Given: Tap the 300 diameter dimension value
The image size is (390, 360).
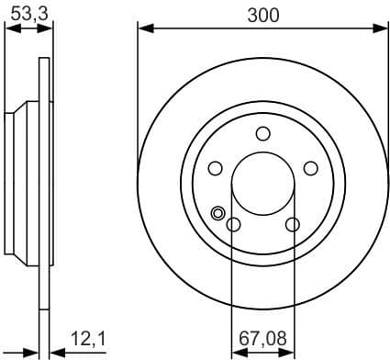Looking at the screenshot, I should click(x=262, y=14).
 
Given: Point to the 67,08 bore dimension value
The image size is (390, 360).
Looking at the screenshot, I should click(x=262, y=339).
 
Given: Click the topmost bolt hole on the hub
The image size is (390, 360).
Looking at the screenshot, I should click(x=263, y=133).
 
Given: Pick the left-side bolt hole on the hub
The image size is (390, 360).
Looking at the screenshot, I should click(x=216, y=168).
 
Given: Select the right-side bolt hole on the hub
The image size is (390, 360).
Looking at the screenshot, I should click(x=311, y=168).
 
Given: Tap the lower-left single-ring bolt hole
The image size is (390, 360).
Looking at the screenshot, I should click(x=234, y=225).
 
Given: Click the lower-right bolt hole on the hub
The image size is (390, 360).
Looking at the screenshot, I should click(x=293, y=225).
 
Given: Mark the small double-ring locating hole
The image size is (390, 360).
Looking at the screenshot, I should click(x=218, y=214).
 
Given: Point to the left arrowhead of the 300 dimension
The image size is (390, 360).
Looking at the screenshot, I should click(x=143, y=28).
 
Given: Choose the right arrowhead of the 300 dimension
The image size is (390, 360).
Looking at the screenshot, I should click(x=383, y=28).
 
